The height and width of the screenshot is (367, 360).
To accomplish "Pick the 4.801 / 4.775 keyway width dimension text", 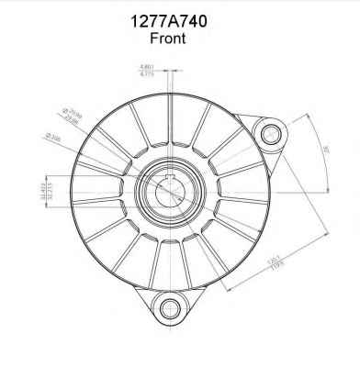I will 146,70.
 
